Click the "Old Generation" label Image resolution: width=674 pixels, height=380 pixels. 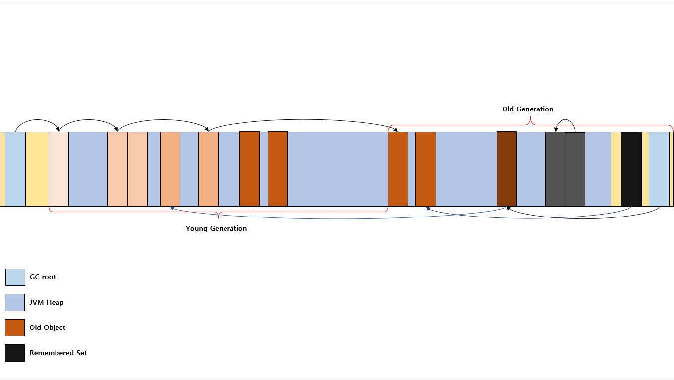pos(527,109)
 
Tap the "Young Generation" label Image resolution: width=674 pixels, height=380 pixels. pos(216,229)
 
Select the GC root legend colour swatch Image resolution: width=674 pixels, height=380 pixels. pos(15,277)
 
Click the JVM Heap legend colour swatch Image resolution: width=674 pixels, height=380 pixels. pos(15,302)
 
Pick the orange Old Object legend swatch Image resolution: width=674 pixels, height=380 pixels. pos(15,327)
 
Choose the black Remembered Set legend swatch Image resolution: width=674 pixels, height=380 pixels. pos(15,353)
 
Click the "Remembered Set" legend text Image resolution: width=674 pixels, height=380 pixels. pos(58,353)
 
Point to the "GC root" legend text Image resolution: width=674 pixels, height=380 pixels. pos(43,277)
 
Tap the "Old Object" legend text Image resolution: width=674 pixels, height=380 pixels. pos(47,327)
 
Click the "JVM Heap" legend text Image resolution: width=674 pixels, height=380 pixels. pos(47,302)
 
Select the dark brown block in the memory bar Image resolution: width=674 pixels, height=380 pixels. pos(506,169)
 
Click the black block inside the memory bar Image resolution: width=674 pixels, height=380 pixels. pos(631,169)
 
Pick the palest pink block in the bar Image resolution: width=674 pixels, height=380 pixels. pos(58,169)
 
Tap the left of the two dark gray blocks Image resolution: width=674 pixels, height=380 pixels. pos(555,169)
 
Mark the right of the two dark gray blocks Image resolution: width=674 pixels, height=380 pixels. pos(575,169)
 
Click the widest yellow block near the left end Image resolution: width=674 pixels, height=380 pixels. pos(37,169)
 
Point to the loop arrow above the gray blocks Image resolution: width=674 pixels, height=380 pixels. pos(565,119)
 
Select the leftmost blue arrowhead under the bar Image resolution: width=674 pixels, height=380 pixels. pos(172,208)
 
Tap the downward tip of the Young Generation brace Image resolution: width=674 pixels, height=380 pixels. pos(218,218)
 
